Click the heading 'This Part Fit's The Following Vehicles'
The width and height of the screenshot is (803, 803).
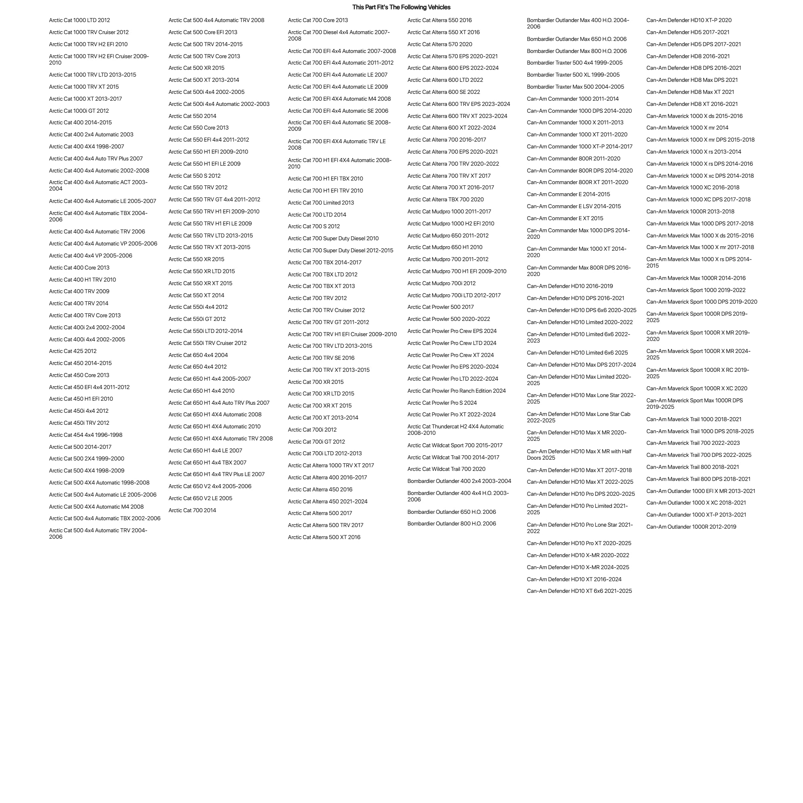click(401, 7)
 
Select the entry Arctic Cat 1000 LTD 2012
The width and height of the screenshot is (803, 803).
click(79, 20)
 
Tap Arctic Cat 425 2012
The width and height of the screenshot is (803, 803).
click(73, 351)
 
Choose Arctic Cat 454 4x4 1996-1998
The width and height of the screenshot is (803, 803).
click(85, 435)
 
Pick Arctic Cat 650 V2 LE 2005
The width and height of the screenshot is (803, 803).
click(200, 498)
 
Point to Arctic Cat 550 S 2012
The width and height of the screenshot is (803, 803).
click(195, 176)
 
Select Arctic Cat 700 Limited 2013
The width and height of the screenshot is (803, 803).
click(321, 203)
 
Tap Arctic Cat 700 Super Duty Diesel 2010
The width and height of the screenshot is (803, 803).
click(333, 239)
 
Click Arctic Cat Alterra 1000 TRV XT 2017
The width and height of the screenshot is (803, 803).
click(331, 466)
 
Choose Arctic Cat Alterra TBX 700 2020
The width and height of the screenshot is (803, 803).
click(446, 199)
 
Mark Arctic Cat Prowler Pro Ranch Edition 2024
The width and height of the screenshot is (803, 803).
click(456, 391)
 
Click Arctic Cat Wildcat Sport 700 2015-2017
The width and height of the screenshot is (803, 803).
click(455, 446)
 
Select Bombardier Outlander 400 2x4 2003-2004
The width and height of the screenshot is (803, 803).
click(459, 481)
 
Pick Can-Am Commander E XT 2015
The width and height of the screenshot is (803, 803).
click(565, 218)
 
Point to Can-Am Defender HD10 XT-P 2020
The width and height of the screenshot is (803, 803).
click(689, 20)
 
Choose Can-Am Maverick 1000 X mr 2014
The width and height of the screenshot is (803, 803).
click(687, 128)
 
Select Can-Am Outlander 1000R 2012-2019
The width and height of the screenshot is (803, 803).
click(691, 527)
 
